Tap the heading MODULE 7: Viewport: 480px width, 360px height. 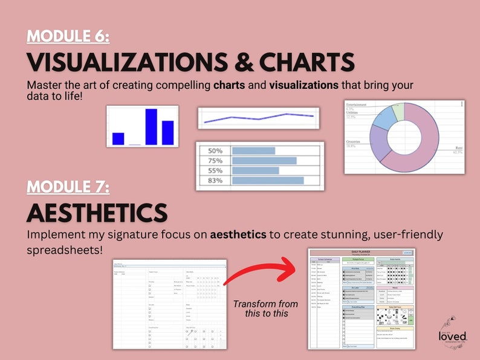pyautogui.click(x=68, y=187)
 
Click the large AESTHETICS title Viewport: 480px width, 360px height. pyautogui.click(x=97, y=213)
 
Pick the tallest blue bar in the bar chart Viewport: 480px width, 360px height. pyautogui.click(x=151, y=127)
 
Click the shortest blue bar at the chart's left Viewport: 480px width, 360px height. pyautogui.click(x=118, y=139)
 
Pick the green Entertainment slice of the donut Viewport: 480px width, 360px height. pyautogui.click(x=398, y=112)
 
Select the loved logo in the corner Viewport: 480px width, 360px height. pyautogui.click(x=453, y=334)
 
